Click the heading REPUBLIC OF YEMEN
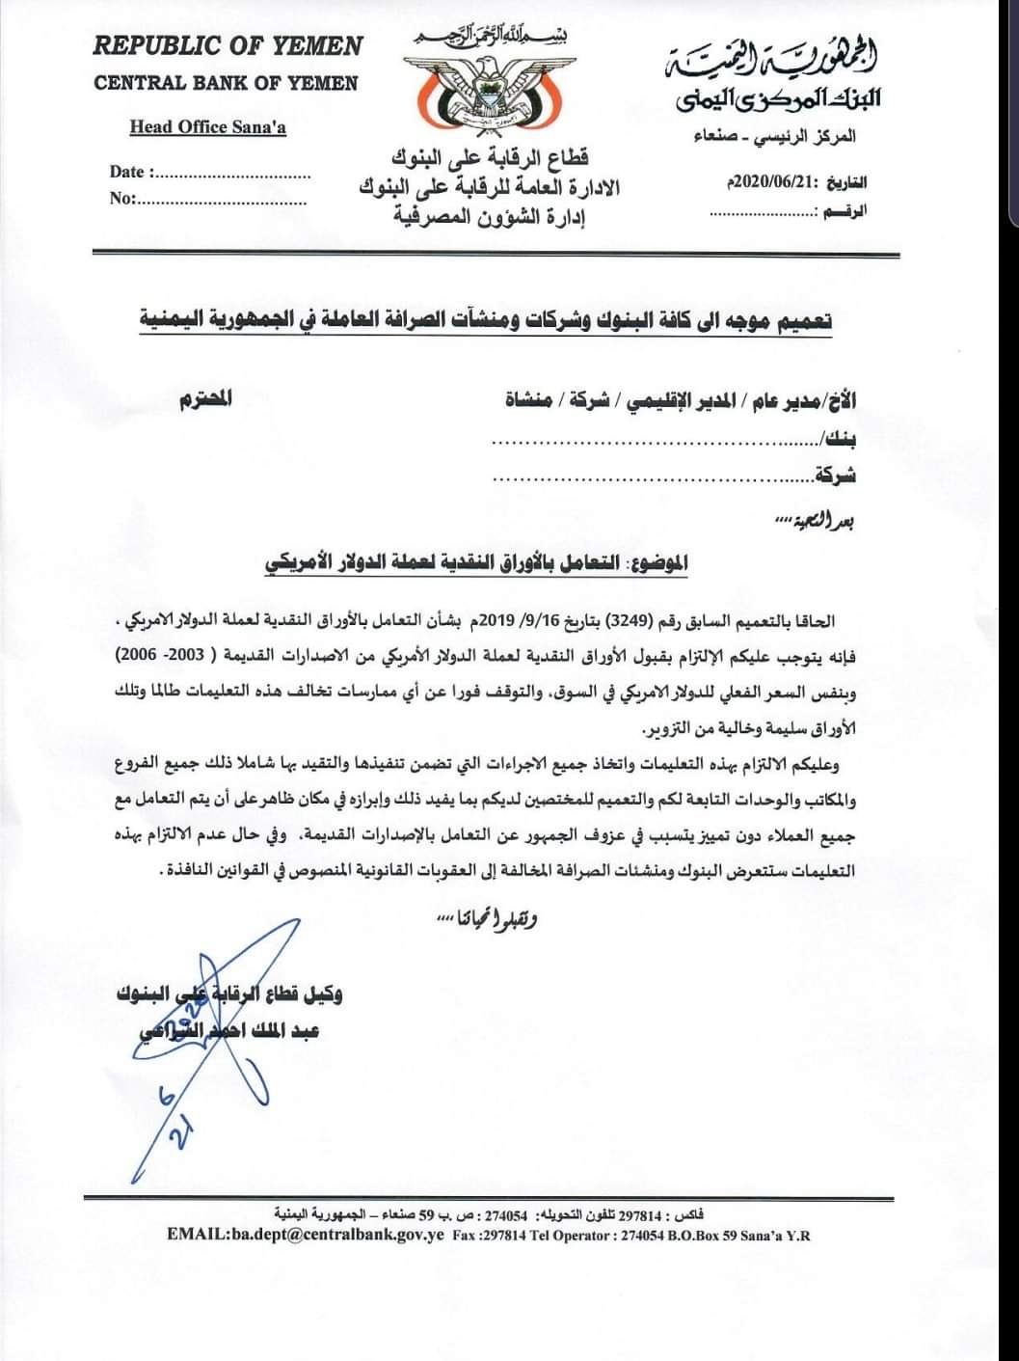coord(228,46)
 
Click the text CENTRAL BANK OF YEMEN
coord(226,83)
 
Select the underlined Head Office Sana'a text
coord(208,126)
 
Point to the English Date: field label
coord(130,173)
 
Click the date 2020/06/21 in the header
coord(766,182)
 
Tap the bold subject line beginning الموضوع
coord(476,562)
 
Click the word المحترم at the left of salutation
coord(205,399)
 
